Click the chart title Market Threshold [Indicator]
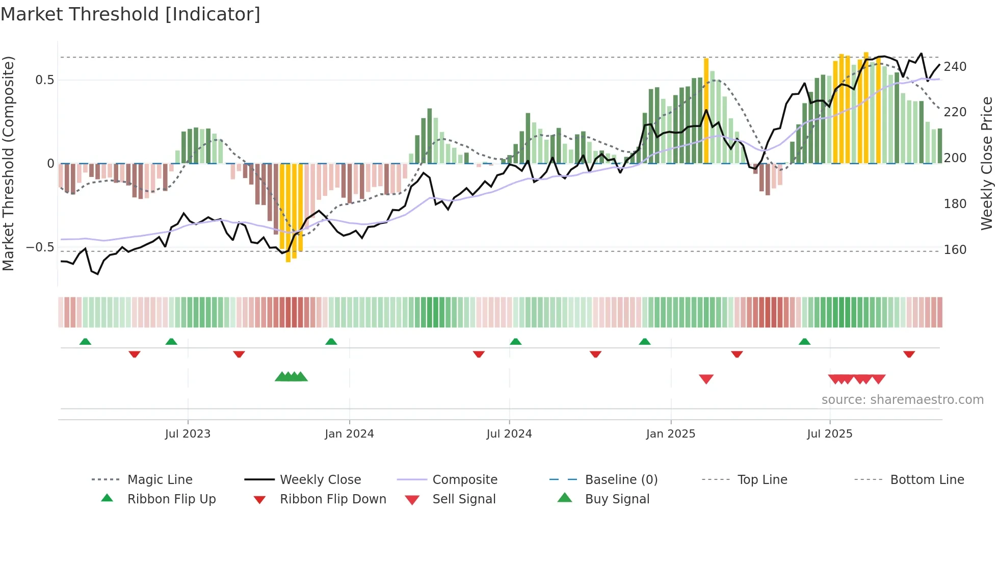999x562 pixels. coord(130,14)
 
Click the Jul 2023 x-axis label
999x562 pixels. coord(188,434)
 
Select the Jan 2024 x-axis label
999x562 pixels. coord(349,434)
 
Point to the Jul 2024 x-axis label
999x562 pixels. coord(509,434)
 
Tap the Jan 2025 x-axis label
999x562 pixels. coord(670,434)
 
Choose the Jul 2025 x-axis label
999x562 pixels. coord(829,434)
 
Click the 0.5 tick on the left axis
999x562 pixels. coord(44,80)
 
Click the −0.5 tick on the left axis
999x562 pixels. coord(40,248)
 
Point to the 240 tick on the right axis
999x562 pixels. coord(955,67)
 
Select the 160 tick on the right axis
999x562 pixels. coord(955,250)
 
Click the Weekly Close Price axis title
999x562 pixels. coord(987,163)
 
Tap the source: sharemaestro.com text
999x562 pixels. coord(902,400)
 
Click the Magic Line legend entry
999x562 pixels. coord(160,480)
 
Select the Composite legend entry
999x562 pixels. coord(464,480)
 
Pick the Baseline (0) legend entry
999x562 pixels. coord(621,480)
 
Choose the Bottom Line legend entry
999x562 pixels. coord(927,480)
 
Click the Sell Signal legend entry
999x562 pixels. coord(464,499)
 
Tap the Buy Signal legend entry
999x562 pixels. coord(617,499)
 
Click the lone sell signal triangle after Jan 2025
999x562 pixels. coord(706,379)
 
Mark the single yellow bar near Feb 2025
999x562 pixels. coord(706,110)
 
